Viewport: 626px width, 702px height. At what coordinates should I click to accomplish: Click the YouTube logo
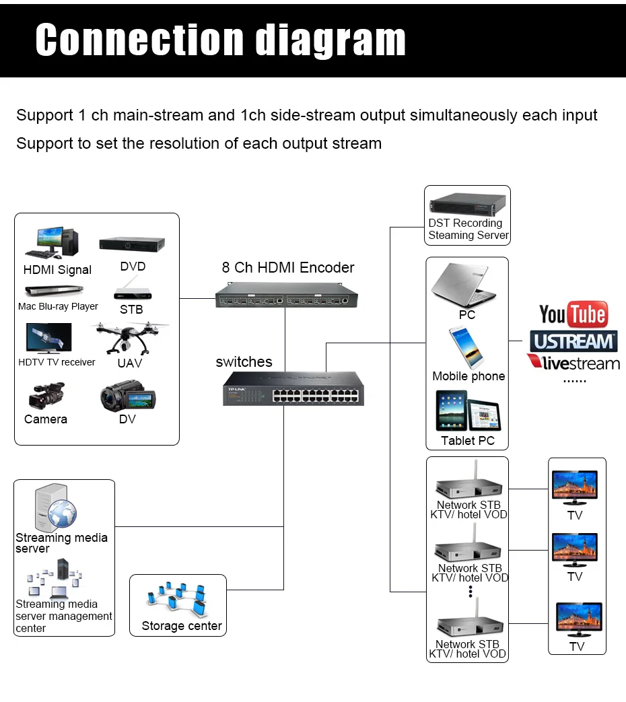(573, 314)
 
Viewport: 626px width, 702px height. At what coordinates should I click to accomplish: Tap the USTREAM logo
(573, 342)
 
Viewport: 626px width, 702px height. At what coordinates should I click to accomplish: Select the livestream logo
(573, 363)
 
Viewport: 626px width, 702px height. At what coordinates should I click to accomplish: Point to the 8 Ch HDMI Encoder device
(287, 295)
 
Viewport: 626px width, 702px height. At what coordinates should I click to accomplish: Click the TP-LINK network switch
(293, 388)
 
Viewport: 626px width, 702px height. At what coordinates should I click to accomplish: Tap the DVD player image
(132, 244)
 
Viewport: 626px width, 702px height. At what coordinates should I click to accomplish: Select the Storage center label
(182, 626)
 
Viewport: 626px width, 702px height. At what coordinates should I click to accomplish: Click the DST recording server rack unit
(468, 204)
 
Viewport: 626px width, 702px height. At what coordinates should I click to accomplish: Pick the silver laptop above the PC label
(464, 285)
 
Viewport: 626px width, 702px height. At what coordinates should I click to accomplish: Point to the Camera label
(46, 419)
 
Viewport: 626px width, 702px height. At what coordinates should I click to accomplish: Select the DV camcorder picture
(128, 396)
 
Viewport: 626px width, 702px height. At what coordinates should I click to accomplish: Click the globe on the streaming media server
(62, 514)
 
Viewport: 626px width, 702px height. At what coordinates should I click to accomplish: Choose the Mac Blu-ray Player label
(58, 306)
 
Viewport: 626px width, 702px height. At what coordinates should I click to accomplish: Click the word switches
(244, 361)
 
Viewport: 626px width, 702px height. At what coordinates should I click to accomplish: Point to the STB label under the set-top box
(131, 310)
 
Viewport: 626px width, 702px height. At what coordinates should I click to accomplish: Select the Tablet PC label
(468, 441)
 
